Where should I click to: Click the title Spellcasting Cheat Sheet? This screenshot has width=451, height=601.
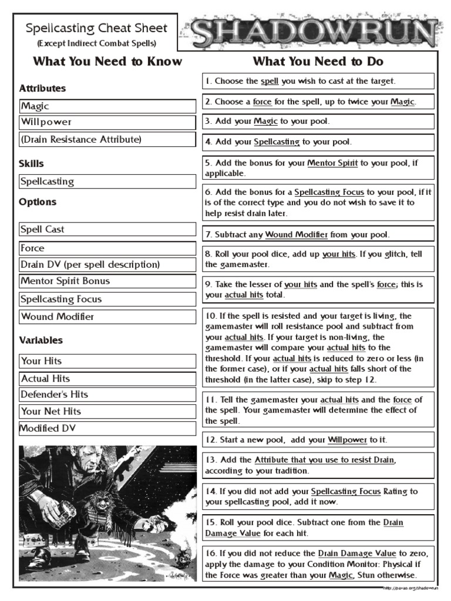96,28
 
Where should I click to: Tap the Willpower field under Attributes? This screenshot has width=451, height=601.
107,122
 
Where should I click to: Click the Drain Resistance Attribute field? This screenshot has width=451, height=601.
107,139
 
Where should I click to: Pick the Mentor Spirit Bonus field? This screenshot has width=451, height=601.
107,281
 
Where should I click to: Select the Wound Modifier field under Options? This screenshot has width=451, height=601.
107,316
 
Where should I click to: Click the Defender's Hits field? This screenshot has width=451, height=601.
107,394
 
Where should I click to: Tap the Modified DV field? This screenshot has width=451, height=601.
107,428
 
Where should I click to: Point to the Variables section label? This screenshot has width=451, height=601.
41,340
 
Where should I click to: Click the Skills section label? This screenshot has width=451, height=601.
31,164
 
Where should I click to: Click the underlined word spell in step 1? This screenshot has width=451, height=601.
270,81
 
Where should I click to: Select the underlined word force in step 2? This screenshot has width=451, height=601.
262,102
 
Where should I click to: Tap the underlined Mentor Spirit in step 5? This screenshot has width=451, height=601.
332,163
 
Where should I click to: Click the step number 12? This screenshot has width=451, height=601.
211,440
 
